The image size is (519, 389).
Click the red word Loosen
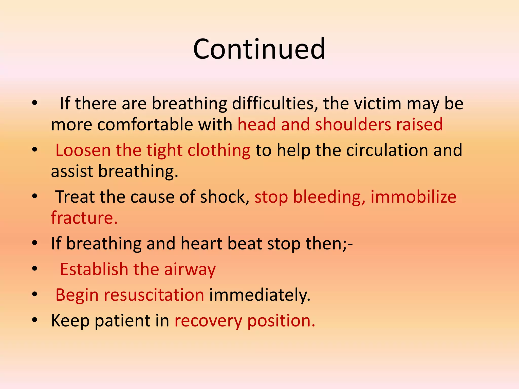coord(83,150)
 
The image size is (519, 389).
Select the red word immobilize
coord(413,197)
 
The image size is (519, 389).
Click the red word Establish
coord(94,269)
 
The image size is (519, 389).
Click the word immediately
coord(259,295)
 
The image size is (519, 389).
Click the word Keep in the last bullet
coord(70,321)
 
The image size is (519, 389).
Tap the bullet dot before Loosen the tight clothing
coord(35,150)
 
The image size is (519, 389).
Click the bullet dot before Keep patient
coord(35,320)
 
